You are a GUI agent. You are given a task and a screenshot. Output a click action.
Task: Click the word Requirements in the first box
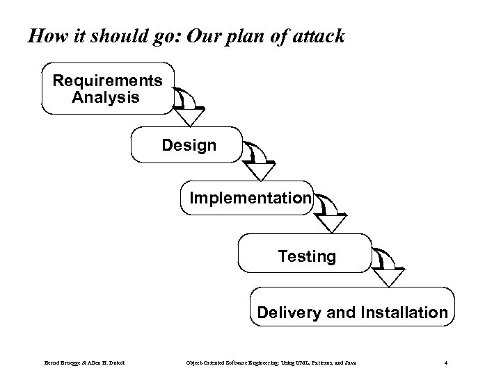point(108,81)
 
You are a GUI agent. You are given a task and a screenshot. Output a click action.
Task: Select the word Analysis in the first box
point(106,97)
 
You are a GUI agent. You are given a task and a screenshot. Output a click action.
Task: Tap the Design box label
point(189,145)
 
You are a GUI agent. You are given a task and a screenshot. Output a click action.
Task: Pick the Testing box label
point(307,257)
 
